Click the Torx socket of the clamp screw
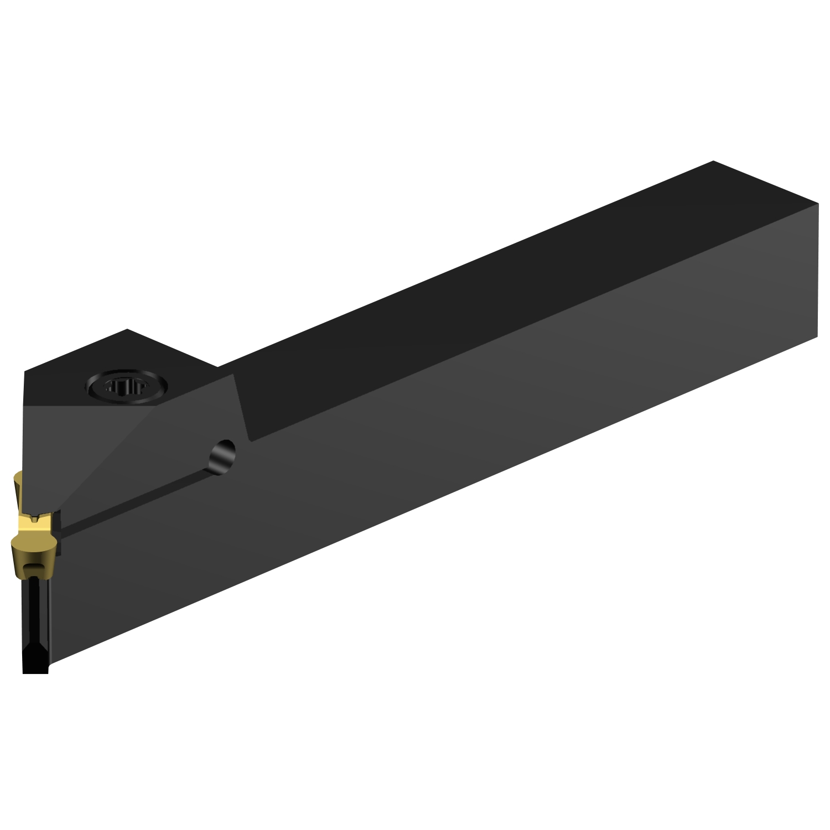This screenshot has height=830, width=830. click(125, 386)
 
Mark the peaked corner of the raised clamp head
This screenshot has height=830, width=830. click(128, 330)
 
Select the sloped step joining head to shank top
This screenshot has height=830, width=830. click(242, 404)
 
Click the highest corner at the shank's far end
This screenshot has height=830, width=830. click(713, 161)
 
